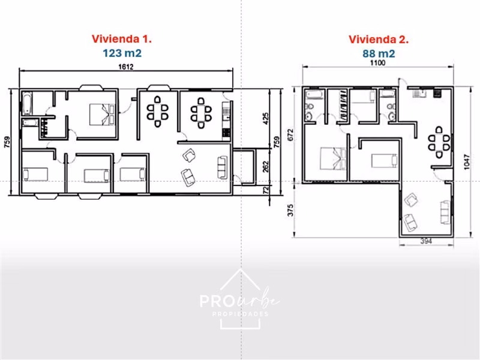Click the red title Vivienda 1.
click(x=122, y=39)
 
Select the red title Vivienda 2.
click(x=379, y=40)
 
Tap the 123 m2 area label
click(x=122, y=53)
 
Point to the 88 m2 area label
click(x=379, y=53)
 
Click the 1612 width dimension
click(x=126, y=67)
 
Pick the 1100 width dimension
click(x=378, y=63)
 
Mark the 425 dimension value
click(x=265, y=119)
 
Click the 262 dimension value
click(x=265, y=167)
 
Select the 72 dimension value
click(x=265, y=190)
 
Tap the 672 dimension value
click(x=290, y=134)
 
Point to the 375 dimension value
click(x=290, y=211)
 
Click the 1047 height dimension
click(x=466, y=161)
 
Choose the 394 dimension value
click(x=426, y=241)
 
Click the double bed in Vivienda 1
click(x=102, y=115)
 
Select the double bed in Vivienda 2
click(x=333, y=158)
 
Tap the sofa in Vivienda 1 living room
click(x=223, y=167)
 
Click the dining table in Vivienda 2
click(x=439, y=143)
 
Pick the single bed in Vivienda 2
click(x=385, y=161)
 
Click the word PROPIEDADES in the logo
click(x=241, y=314)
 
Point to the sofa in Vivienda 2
click(x=446, y=212)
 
